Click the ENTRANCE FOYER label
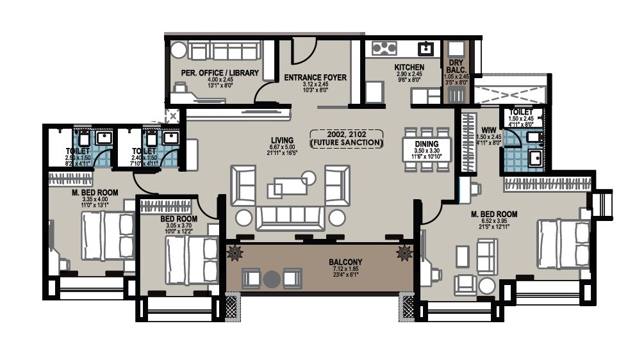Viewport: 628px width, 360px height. (315, 78)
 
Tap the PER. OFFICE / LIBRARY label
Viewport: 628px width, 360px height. (220, 73)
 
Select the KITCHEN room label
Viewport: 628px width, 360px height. (409, 67)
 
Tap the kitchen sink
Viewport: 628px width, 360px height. (424, 48)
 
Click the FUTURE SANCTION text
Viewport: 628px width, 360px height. (346, 142)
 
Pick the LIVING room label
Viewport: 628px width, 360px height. (282, 140)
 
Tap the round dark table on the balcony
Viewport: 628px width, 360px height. (272, 279)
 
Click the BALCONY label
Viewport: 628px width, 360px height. (346, 261)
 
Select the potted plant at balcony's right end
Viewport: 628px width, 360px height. (404, 252)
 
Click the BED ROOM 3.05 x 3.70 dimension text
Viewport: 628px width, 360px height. (178, 225)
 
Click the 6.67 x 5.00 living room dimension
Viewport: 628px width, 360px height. (282, 147)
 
